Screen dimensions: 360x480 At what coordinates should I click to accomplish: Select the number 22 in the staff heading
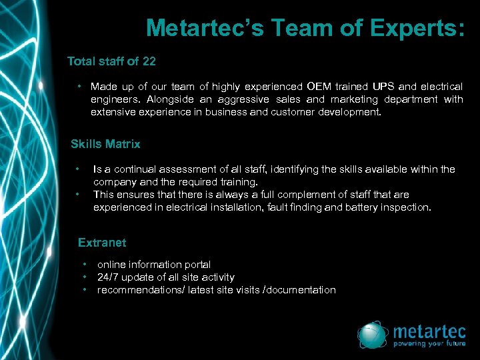click(x=149, y=61)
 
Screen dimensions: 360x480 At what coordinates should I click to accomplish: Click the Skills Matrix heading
click(x=105, y=143)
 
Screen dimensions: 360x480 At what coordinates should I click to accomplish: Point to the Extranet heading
click(x=101, y=243)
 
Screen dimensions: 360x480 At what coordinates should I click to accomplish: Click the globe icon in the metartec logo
click(x=373, y=335)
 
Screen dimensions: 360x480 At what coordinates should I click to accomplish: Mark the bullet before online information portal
click(x=85, y=265)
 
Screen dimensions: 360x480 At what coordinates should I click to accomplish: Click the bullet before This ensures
click(x=79, y=195)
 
